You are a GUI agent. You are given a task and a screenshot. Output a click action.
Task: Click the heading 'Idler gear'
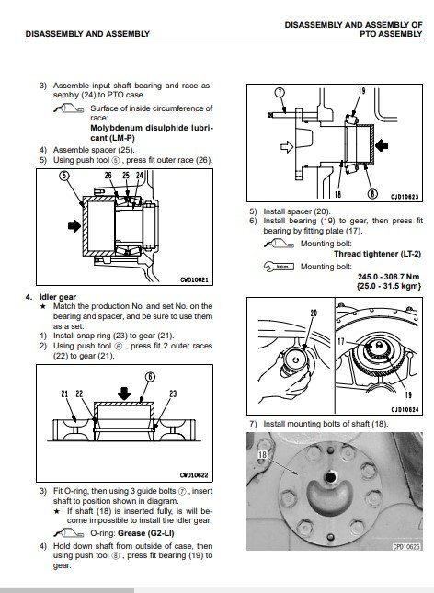tap(58, 297)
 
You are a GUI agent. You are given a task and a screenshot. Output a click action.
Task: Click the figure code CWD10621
tap(194, 279)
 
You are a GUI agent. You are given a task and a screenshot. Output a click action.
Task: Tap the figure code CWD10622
tap(194, 475)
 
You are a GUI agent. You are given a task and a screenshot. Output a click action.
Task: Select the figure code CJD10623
tap(405, 197)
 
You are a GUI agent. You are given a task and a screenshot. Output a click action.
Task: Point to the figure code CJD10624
tap(405, 409)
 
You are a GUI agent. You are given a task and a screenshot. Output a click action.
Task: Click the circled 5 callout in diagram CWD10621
tap(64, 176)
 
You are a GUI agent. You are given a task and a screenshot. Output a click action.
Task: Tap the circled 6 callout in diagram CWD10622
tap(150, 377)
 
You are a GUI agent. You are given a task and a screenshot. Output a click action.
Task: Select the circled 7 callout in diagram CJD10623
tap(280, 92)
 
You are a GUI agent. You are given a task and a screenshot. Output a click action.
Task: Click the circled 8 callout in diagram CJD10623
tap(373, 194)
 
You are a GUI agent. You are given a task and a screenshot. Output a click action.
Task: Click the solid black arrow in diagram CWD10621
tap(74, 226)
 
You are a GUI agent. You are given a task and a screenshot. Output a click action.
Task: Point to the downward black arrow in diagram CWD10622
tap(124, 393)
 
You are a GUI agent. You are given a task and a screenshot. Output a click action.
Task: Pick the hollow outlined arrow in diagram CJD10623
tap(287, 146)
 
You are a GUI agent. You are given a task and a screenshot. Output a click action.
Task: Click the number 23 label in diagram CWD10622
tap(173, 393)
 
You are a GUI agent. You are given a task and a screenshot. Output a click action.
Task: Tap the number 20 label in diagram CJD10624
tap(314, 314)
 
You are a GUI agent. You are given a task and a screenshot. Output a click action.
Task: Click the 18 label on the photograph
tap(262, 455)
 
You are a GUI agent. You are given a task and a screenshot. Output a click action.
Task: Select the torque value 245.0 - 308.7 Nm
tap(388, 277)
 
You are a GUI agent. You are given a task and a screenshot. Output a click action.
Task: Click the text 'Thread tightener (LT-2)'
tap(377, 254)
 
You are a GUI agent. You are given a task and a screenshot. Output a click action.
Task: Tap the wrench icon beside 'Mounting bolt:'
tap(279, 267)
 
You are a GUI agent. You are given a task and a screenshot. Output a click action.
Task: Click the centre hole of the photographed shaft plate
tap(331, 477)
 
